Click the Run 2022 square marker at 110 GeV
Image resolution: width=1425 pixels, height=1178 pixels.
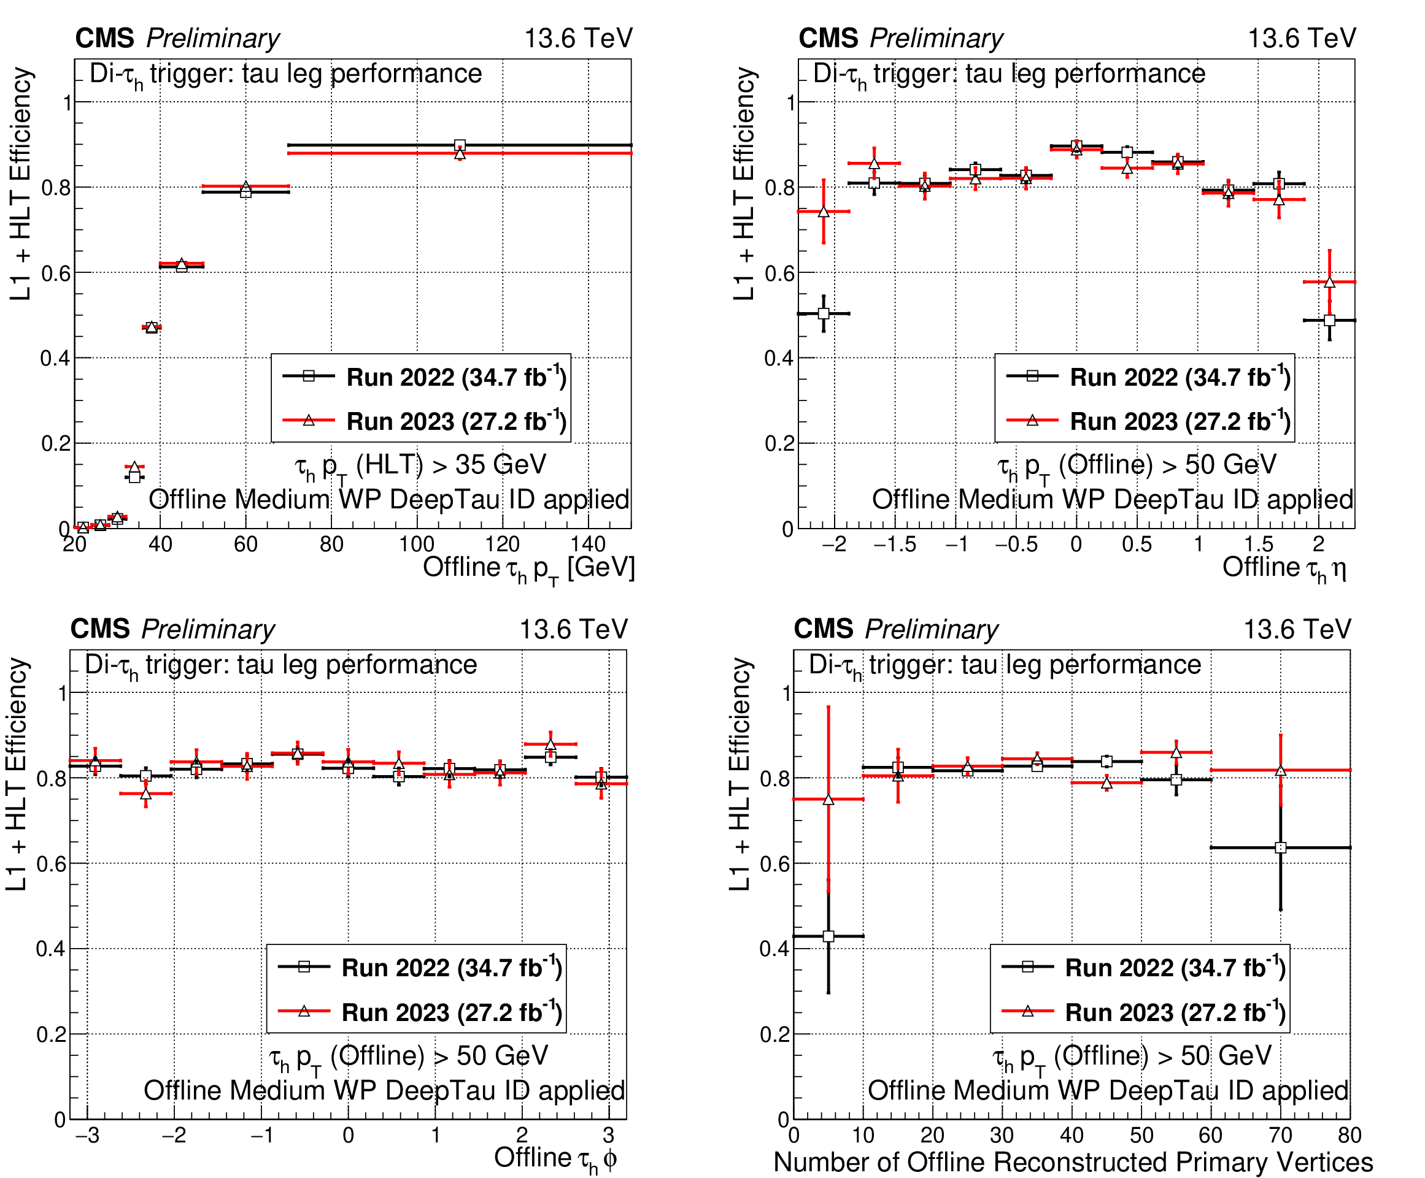coord(460,145)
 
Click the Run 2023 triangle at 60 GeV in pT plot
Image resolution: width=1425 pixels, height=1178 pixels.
coord(245,186)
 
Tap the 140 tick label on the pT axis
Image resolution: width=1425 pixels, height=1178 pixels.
coord(588,544)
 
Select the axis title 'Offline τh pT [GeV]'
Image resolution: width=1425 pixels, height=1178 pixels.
coord(528,568)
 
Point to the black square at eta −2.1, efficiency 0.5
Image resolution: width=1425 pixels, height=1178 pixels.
coord(823,313)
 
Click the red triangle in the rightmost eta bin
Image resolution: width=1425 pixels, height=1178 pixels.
coord(1329,282)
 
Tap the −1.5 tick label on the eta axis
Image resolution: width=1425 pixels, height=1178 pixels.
coord(894,544)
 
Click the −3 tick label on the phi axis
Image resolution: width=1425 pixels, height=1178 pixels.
coord(87,1134)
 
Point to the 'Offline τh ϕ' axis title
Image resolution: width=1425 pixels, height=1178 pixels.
coord(555,1159)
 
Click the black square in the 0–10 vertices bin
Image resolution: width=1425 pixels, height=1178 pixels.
coord(828,936)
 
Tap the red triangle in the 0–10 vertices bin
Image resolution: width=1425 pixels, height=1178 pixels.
coord(828,800)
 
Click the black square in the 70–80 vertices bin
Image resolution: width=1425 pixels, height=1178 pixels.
coord(1280,847)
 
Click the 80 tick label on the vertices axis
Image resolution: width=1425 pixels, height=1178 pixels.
coord(1349,1134)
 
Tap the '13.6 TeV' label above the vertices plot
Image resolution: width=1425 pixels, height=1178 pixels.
coord(1297,629)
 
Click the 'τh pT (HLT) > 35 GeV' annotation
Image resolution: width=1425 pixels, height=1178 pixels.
coord(421,466)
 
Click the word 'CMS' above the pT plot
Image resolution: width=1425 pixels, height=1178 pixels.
coord(104,39)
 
